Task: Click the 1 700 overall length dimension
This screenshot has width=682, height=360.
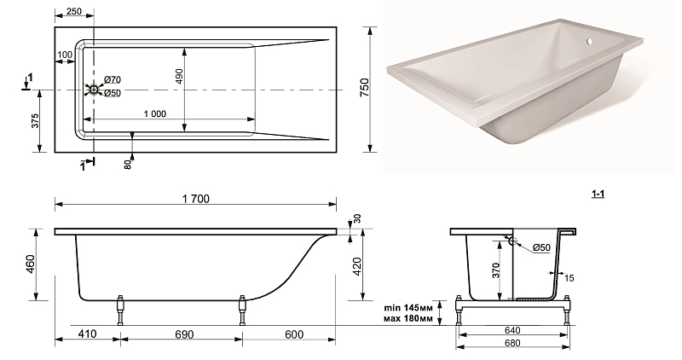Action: click(x=196, y=199)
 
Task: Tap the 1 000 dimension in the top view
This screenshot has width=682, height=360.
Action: click(x=155, y=114)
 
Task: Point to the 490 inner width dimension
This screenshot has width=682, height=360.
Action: click(x=179, y=76)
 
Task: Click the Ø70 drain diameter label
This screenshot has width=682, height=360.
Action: click(x=113, y=79)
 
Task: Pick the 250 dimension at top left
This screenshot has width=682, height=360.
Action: click(x=74, y=11)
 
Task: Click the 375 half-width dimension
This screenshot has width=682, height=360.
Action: click(x=35, y=120)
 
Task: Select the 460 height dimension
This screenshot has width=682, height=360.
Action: click(x=30, y=264)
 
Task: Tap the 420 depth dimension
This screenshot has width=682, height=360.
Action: click(x=356, y=266)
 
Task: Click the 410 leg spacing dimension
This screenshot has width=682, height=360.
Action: click(x=88, y=334)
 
